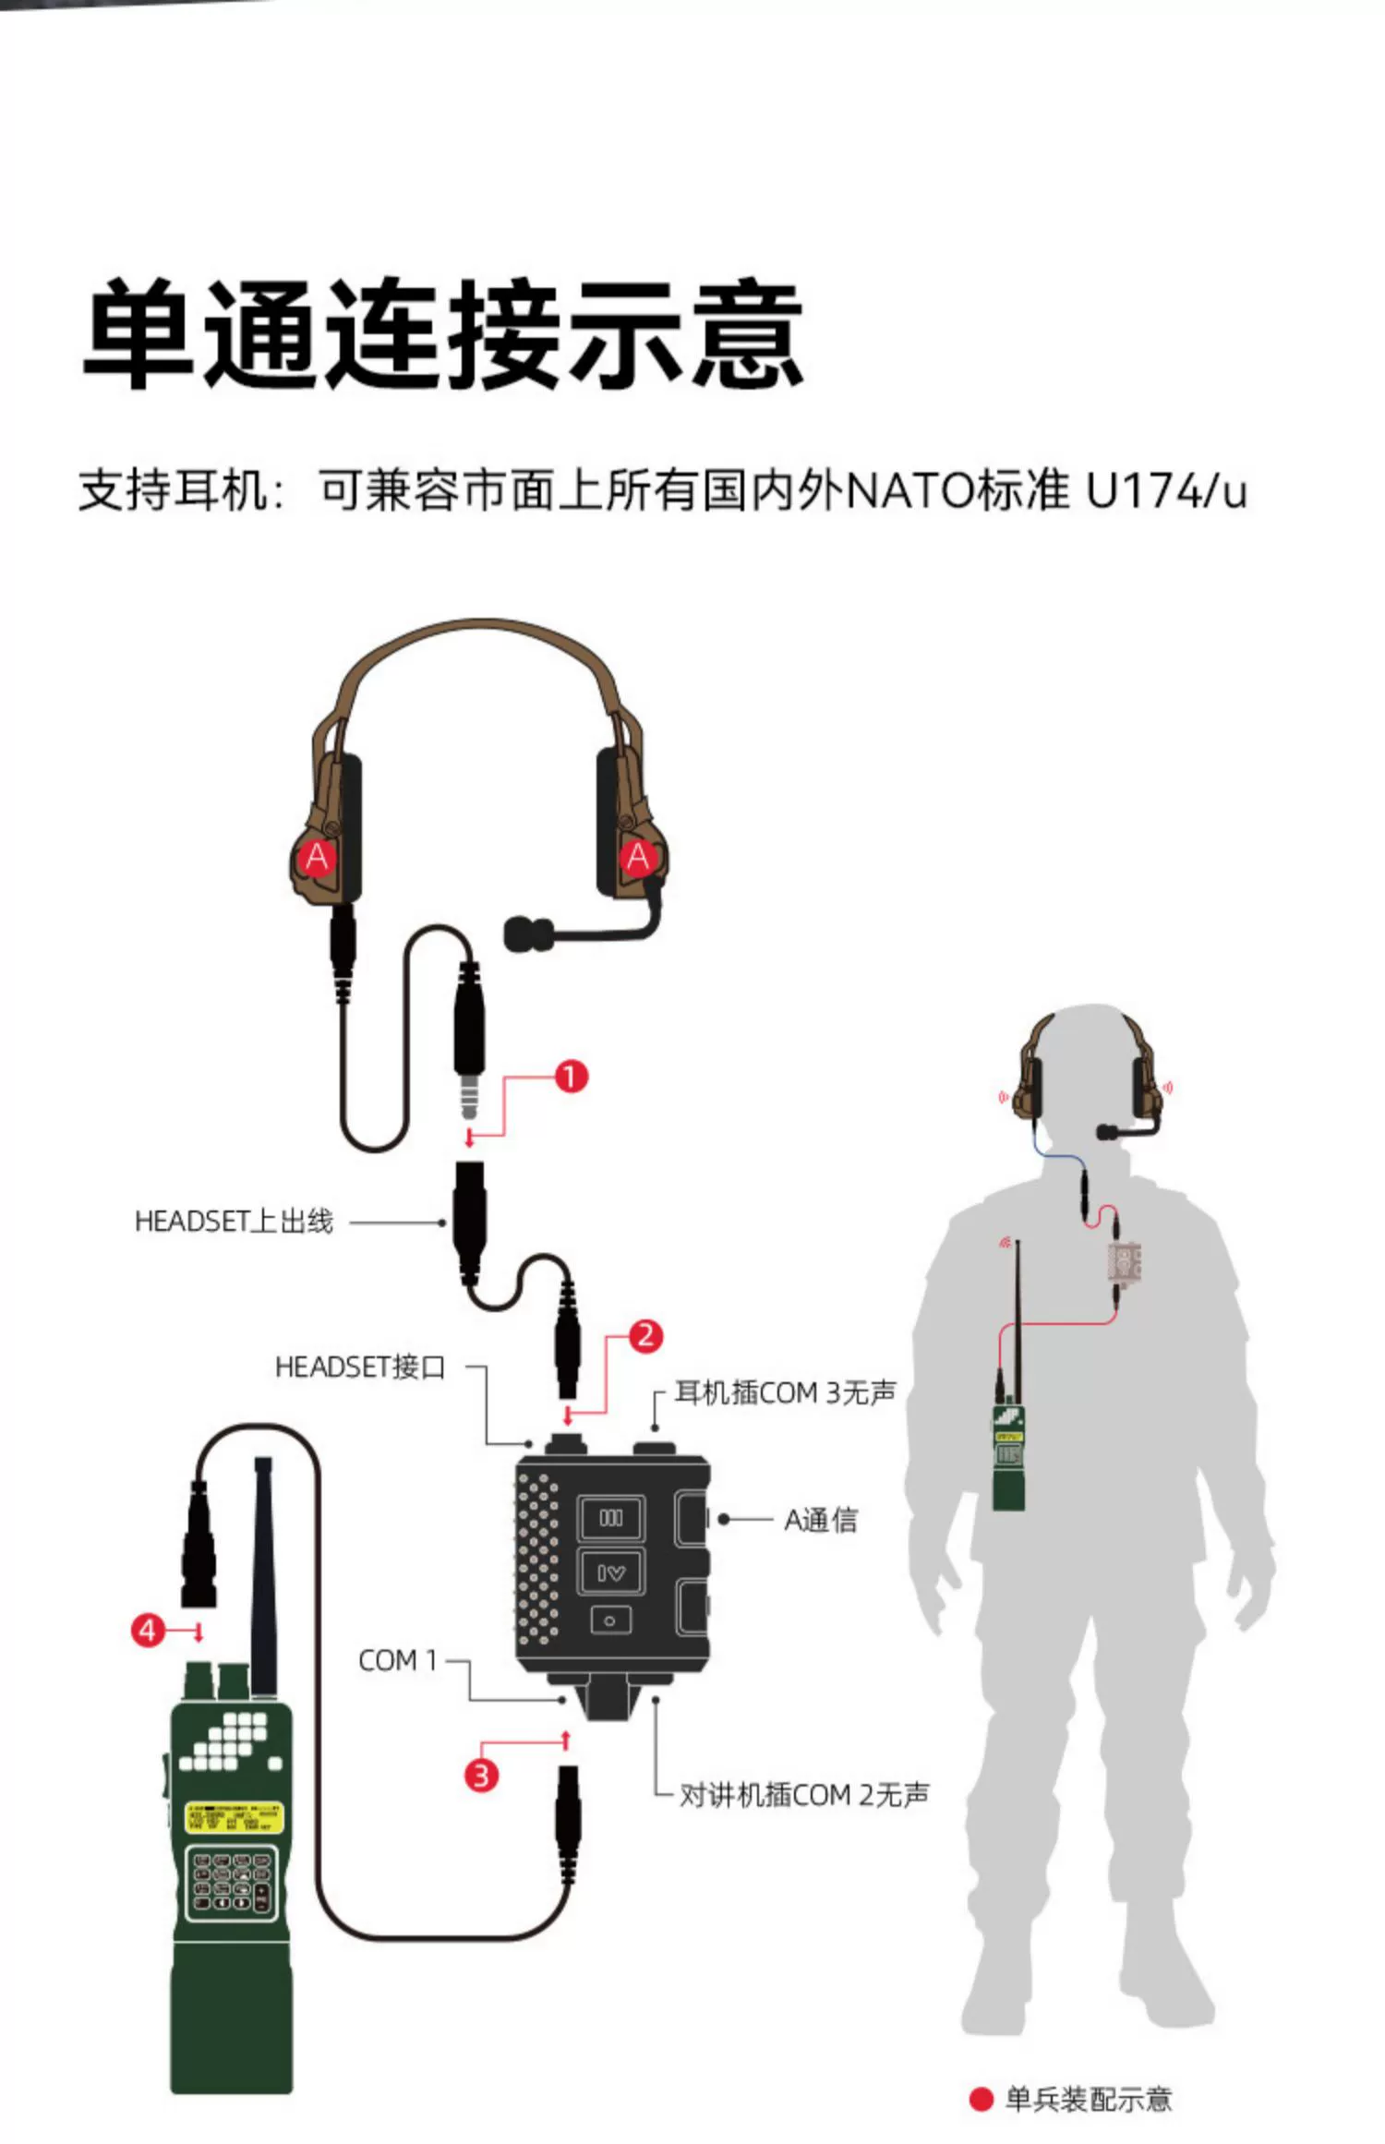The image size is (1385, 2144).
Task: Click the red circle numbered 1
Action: coord(571,1076)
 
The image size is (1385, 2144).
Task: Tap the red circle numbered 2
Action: coord(645,1335)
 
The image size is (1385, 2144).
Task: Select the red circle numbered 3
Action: coord(481,1775)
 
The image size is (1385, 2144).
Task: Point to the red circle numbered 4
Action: coord(148,1630)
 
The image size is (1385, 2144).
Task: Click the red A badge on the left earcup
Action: coord(317,857)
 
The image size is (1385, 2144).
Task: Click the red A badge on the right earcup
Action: coord(638,857)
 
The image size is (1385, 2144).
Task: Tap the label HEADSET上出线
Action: coord(234,1222)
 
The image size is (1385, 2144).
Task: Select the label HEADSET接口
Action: coord(360,1367)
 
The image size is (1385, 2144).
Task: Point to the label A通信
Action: coord(821,1519)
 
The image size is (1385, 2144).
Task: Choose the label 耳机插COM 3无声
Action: coord(785,1392)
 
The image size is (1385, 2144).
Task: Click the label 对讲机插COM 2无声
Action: coord(804,1795)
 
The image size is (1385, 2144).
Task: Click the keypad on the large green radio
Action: coord(231,1880)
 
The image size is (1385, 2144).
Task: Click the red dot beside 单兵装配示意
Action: coord(981,2100)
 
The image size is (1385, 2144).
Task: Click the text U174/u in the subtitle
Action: coord(1165,490)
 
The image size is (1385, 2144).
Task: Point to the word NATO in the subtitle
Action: coord(909,490)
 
